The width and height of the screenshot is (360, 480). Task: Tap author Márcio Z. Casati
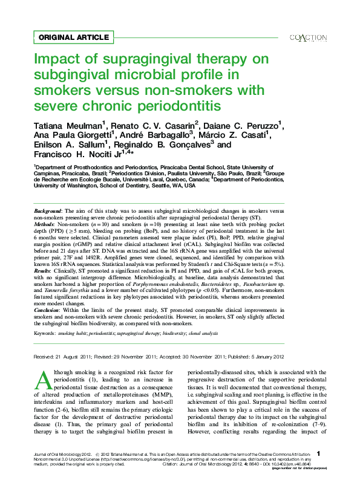click(x=234, y=135)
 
